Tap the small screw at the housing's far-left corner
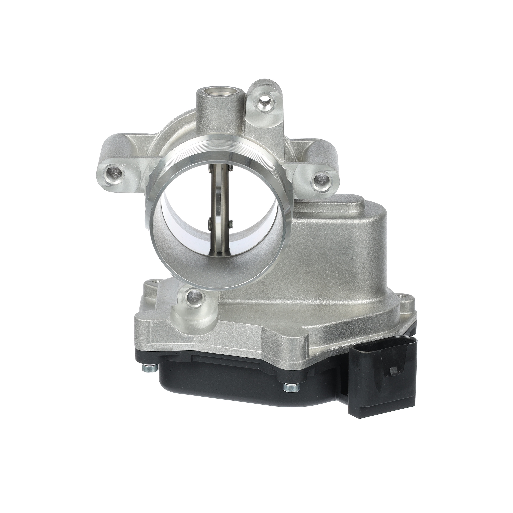tap(154, 281)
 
